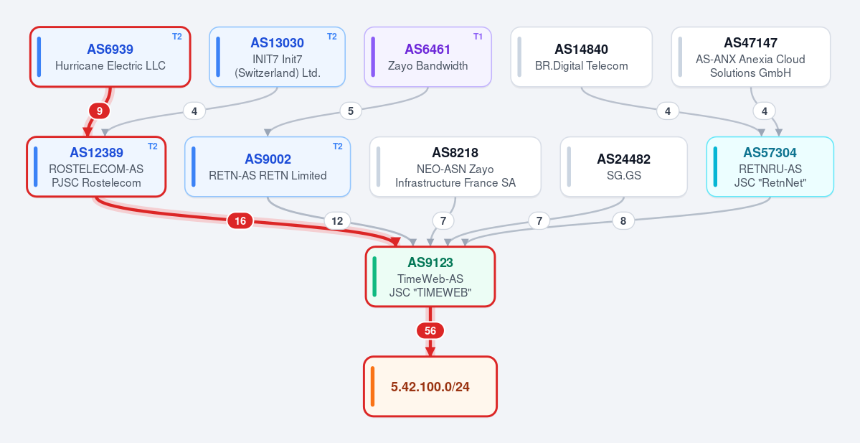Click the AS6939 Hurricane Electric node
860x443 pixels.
pos(110,57)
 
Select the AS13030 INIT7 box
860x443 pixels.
pos(277,57)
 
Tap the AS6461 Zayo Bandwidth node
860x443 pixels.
pos(427,57)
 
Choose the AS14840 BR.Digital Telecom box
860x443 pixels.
pos(582,57)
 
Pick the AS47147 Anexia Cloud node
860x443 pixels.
pos(751,57)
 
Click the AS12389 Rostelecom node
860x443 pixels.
pos(96,167)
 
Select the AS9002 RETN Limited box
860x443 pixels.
pos(268,167)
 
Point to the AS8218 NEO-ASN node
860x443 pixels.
pos(455,167)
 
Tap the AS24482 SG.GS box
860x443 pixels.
pos(623,167)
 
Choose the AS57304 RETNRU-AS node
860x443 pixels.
pos(770,167)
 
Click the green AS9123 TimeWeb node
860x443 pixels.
pos(430,276)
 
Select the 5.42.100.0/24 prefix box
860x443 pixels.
pos(430,386)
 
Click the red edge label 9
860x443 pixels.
pos(99,111)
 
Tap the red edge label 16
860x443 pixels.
pos(240,221)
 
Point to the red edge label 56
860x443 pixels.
pos(430,331)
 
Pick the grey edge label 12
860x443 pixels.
pos(337,221)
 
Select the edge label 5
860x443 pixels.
pos(351,111)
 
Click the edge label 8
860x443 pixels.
pos(623,221)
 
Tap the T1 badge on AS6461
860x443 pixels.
pos(478,37)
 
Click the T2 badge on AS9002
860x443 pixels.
pos(338,146)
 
